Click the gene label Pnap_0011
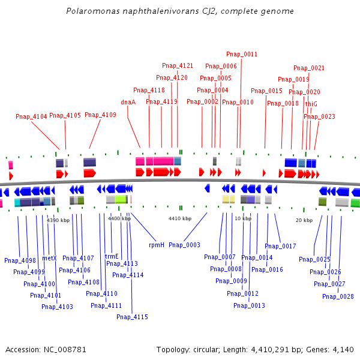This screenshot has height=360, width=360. tap(242, 54)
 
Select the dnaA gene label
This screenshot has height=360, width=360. tap(128, 102)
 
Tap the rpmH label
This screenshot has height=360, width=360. tap(157, 245)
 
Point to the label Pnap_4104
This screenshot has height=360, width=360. tap(31, 116)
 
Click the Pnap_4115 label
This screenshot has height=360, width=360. tap(132, 317)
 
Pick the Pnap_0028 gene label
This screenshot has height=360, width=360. tap(338, 296)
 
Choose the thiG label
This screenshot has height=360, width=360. tap(311, 104)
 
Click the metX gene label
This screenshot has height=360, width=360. tap(49, 258)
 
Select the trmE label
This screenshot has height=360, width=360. tap(112, 256)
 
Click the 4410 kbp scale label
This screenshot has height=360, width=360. tap(179, 218)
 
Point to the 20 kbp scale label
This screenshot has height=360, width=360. tap(304, 220)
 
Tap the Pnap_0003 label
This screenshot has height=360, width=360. tap(184, 245)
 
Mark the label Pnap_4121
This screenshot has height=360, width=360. tap(178, 65)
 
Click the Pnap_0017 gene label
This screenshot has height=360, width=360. tap(280, 246)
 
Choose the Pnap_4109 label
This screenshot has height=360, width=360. tap(100, 115)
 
